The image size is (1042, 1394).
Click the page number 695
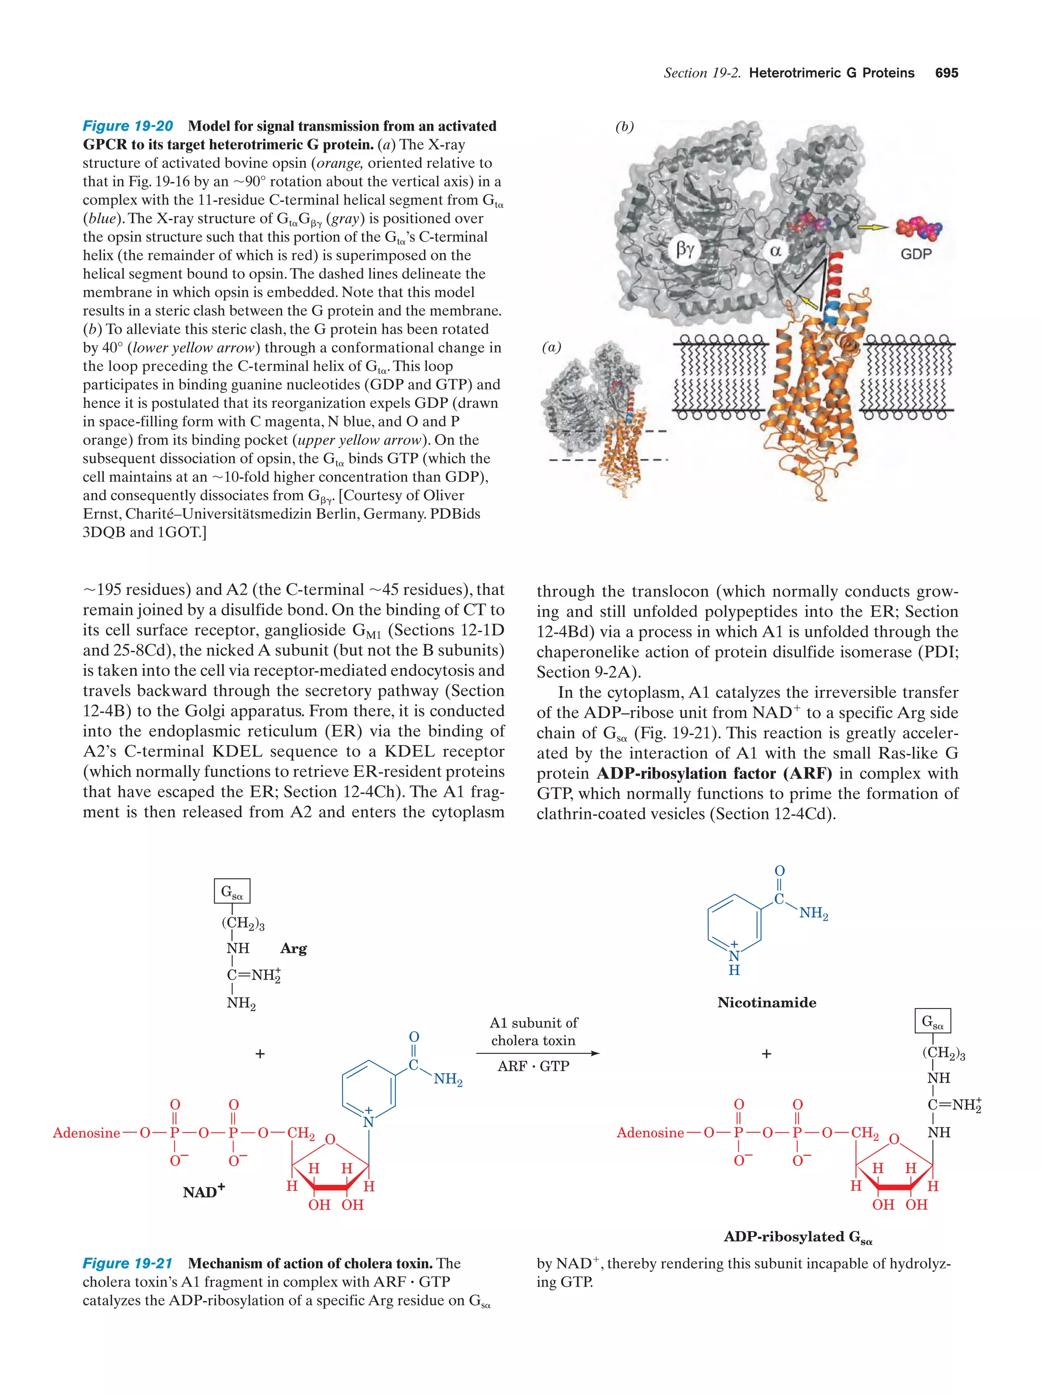tap(946, 73)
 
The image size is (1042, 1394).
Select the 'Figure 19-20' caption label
tap(128, 126)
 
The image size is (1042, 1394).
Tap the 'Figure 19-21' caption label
tap(128, 1263)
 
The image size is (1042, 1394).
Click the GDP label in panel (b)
tap(916, 254)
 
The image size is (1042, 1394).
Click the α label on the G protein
tap(775, 250)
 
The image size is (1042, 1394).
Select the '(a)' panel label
tap(552, 347)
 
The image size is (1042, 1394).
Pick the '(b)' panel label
tap(624, 127)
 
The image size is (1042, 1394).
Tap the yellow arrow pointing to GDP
tap(873, 227)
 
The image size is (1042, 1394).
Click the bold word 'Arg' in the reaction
tap(294, 948)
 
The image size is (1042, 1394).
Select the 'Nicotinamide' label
tap(767, 1002)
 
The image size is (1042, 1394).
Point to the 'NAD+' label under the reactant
tap(204, 1192)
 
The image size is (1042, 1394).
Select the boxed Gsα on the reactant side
tap(232, 892)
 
